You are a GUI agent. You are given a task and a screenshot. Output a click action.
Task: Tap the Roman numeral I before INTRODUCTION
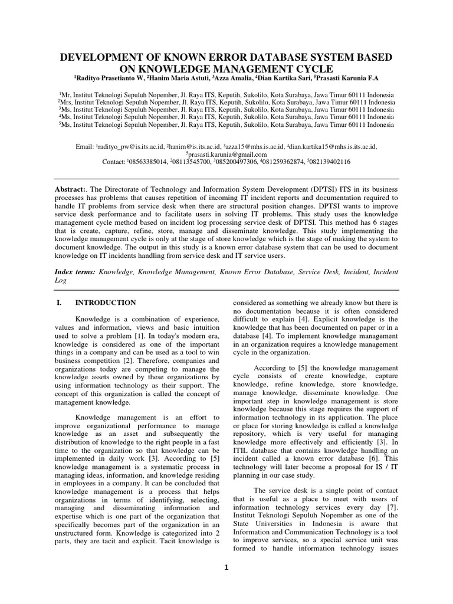click(x=57, y=303)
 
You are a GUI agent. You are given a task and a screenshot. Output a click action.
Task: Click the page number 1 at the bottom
click(x=226, y=568)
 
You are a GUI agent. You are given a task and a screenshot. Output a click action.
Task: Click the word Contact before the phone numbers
click(x=114, y=162)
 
